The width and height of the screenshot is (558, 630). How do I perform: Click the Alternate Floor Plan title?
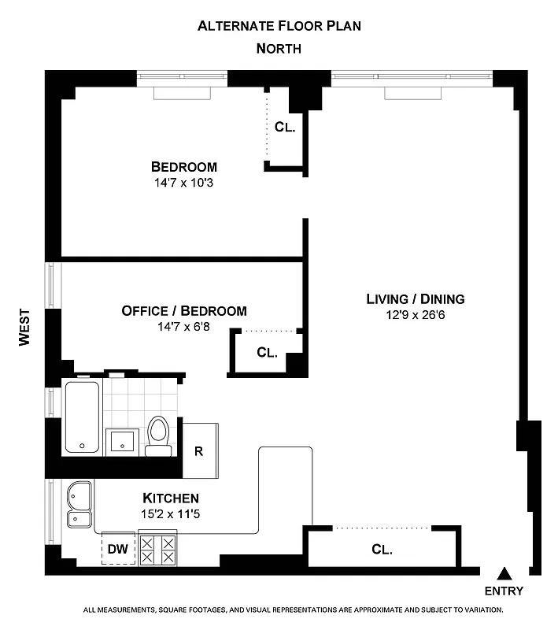279,25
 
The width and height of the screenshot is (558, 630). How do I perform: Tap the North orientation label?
279,49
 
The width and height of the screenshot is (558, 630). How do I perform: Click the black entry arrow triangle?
504,574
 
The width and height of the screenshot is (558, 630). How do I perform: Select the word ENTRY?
504,591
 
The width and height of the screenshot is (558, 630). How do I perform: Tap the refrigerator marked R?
200,451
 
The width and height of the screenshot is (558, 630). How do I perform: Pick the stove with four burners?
157,548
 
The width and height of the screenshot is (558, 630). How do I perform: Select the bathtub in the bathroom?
82,417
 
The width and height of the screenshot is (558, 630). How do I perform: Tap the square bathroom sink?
122,440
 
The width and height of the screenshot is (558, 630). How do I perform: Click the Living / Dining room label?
415,299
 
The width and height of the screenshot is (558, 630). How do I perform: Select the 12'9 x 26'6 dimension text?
415,315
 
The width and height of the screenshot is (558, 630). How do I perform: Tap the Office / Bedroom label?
183,311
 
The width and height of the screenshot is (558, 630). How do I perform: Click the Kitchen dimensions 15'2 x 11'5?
170,513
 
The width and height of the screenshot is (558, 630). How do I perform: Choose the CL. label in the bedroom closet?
284,127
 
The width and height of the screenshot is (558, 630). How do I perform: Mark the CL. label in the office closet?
268,353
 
